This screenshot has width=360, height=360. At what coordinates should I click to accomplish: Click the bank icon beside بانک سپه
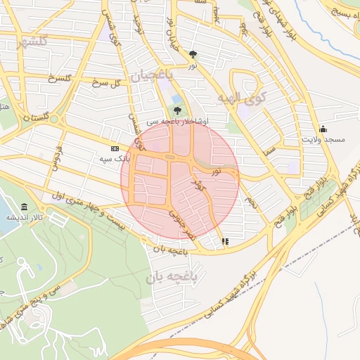click(x=115, y=148)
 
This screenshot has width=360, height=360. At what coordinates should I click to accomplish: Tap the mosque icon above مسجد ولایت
click(x=323, y=128)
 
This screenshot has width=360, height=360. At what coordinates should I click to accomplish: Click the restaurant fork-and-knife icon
click(x=225, y=241)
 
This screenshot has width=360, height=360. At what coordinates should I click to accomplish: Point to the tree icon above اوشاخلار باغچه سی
click(x=176, y=110)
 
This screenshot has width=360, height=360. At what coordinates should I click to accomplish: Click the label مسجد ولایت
click(x=324, y=140)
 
